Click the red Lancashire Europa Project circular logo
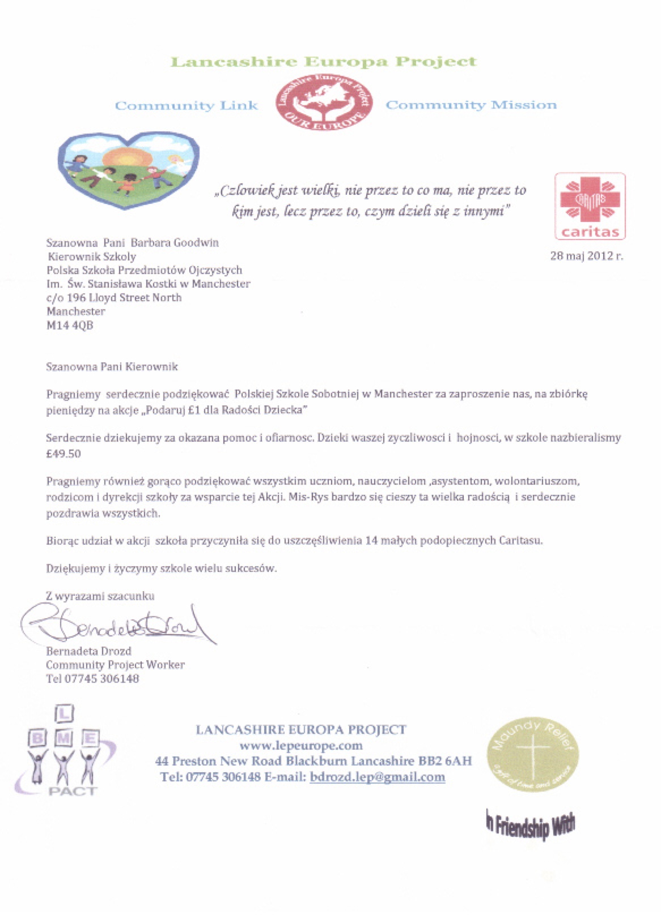(x=324, y=102)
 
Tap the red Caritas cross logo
(x=590, y=206)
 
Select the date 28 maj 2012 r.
(x=586, y=255)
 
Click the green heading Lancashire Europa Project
(x=324, y=62)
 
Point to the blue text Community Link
(x=187, y=106)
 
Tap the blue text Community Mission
(x=471, y=105)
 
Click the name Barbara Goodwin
(x=175, y=242)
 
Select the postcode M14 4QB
(x=70, y=325)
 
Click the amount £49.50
(x=63, y=454)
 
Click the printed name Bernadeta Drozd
(x=88, y=651)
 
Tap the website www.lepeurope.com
(x=300, y=745)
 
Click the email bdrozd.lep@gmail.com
(x=377, y=777)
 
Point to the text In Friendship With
(x=530, y=824)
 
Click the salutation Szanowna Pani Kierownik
(x=112, y=367)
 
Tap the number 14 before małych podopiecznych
(x=372, y=540)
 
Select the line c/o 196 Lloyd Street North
(x=114, y=297)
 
